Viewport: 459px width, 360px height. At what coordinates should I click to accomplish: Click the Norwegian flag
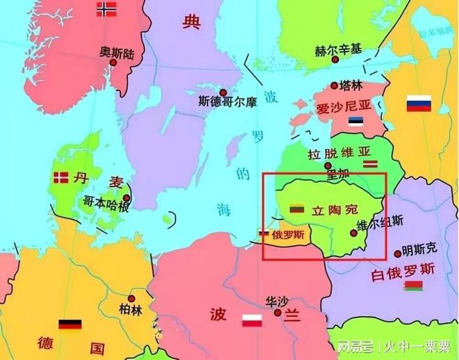pyautogui.click(x=106, y=9)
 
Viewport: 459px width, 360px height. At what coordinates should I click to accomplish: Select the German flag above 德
pyautogui.click(x=70, y=324)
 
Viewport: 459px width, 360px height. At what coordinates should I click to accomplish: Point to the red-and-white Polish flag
pyautogui.click(x=251, y=320)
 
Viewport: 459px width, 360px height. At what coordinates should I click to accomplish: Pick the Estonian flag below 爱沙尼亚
pyautogui.click(x=357, y=122)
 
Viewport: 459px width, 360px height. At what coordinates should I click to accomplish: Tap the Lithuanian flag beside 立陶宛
pyautogui.click(x=296, y=208)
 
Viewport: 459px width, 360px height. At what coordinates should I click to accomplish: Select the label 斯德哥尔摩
pyautogui.click(x=227, y=102)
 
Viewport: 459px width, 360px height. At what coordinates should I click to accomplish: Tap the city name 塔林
pyautogui.click(x=351, y=85)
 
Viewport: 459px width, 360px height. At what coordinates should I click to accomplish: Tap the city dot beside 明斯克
pyautogui.click(x=397, y=254)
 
